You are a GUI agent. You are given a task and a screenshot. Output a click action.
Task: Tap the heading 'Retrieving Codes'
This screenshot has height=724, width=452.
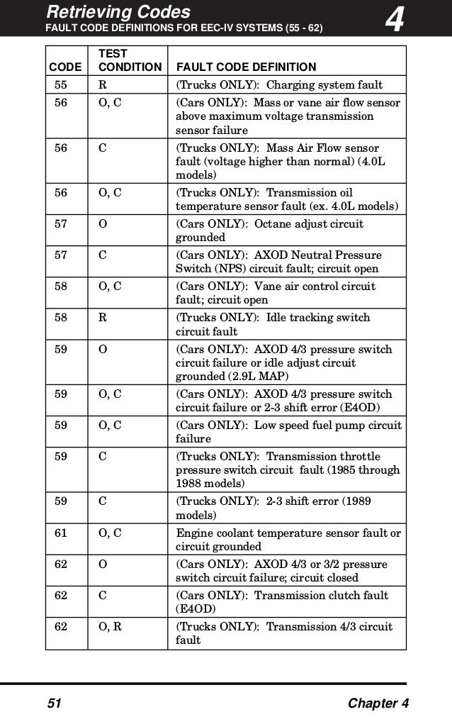(118, 11)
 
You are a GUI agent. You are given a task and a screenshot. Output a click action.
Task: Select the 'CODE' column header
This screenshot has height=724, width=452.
(64, 67)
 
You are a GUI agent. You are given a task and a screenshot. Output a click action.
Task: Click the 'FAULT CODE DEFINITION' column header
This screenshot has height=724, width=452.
(246, 67)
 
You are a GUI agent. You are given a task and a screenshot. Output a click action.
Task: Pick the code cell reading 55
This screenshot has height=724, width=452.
(61, 85)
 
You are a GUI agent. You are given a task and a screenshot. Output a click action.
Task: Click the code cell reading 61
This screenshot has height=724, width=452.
(61, 533)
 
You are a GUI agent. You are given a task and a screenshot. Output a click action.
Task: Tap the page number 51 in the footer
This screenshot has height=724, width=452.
(55, 703)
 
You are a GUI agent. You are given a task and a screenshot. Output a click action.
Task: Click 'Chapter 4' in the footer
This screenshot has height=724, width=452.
(379, 703)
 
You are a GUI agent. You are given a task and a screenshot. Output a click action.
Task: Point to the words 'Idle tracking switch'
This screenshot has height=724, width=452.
(318, 318)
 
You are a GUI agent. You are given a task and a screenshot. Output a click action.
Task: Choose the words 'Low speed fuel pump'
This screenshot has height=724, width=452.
(312, 425)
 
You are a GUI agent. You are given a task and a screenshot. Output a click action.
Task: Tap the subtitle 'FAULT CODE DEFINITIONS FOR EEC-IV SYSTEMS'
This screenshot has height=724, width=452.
(163, 29)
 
